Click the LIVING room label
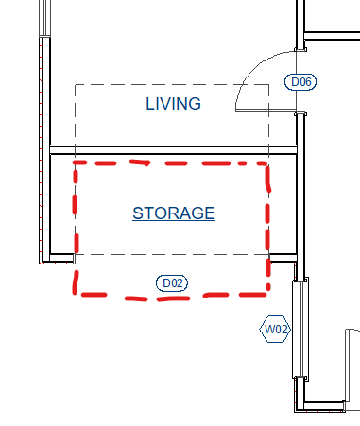click(x=173, y=104)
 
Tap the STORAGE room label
click(x=174, y=213)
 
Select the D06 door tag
click(x=300, y=82)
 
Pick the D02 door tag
click(x=172, y=283)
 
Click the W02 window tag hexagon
click(x=275, y=329)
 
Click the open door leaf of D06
click(x=266, y=111)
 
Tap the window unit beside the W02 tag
click(x=300, y=329)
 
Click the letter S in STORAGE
click(x=138, y=213)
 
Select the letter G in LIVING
click(x=195, y=104)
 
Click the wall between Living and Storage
click(x=173, y=149)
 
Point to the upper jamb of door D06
click(x=300, y=49)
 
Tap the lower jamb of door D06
click(x=300, y=114)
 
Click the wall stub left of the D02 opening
click(x=61, y=258)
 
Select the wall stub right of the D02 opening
click(x=283, y=258)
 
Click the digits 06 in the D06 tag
click(x=305, y=82)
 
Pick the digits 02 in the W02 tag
click(x=282, y=330)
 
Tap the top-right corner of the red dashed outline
click(x=267, y=163)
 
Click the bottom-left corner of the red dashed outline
click(x=75, y=294)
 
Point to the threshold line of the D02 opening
click(x=172, y=264)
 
